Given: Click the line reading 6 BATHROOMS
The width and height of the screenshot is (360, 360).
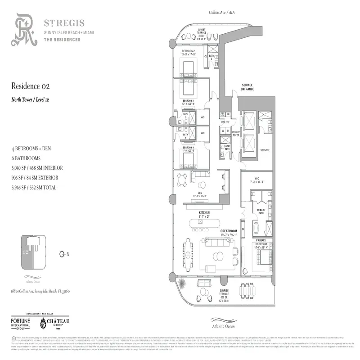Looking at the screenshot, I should [26, 158].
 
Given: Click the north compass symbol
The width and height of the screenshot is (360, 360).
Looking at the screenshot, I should [63, 254].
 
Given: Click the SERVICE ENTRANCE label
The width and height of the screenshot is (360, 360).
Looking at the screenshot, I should [247, 87].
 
